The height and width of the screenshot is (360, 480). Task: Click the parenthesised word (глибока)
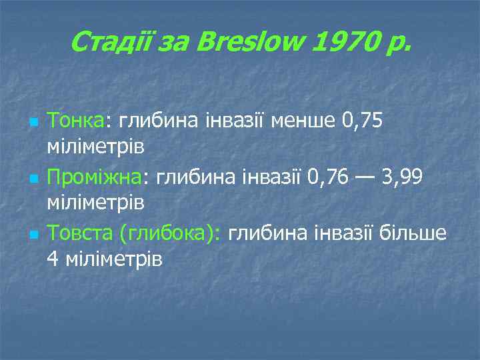coord(170,234)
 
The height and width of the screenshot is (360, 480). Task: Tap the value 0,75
coord(361,121)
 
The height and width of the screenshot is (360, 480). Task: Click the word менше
coord(303,121)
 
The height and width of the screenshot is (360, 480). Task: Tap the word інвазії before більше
coord(344,234)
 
